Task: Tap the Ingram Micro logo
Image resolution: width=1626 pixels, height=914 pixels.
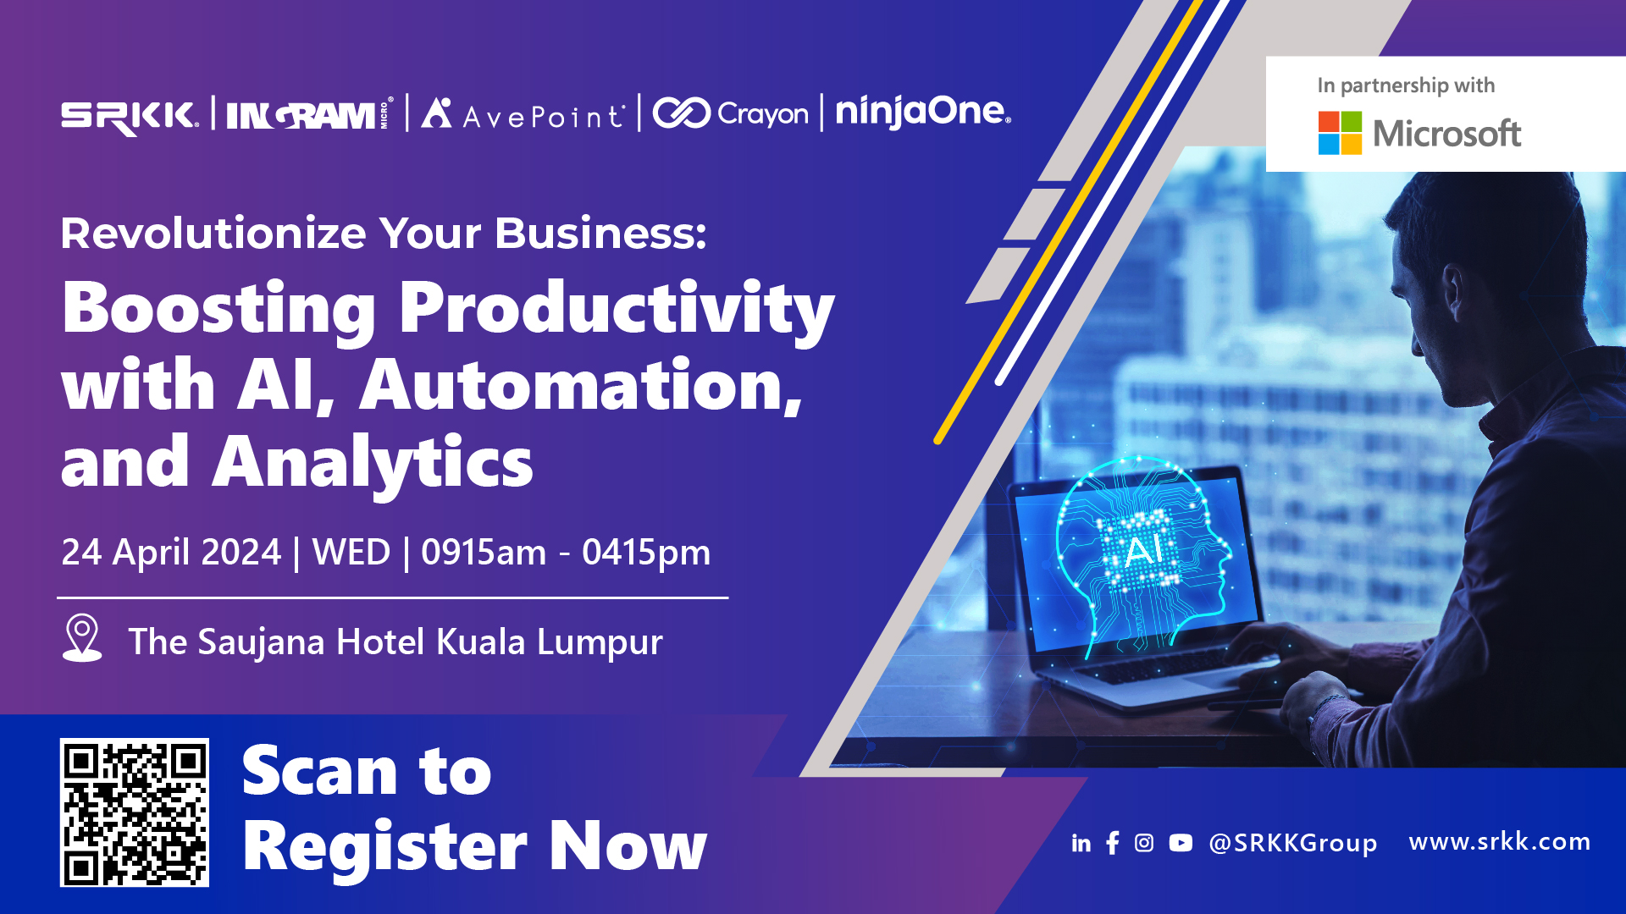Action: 310,113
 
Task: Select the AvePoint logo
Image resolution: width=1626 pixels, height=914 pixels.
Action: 523,113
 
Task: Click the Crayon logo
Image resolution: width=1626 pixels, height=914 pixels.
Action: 730,113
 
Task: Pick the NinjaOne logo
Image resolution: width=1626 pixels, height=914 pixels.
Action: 923,111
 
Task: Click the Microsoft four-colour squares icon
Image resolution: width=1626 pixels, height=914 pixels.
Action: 1340,133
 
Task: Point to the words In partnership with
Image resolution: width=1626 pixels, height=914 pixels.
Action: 1406,85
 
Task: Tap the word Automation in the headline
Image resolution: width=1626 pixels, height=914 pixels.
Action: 581,386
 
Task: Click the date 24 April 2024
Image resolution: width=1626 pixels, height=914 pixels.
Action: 171,552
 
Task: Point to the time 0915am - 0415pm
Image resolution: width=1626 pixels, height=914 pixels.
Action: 566,552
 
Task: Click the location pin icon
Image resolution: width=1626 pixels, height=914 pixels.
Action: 82,637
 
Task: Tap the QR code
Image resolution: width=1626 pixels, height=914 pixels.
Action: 135,812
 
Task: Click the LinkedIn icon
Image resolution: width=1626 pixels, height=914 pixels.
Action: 1081,843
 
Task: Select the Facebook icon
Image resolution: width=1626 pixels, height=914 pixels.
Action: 1113,843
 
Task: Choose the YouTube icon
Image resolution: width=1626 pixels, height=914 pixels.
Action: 1181,843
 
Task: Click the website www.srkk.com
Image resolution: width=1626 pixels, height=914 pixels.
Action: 1499,841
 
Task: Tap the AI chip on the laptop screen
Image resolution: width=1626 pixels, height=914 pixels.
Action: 1142,550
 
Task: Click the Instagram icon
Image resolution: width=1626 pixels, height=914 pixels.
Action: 1144,843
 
